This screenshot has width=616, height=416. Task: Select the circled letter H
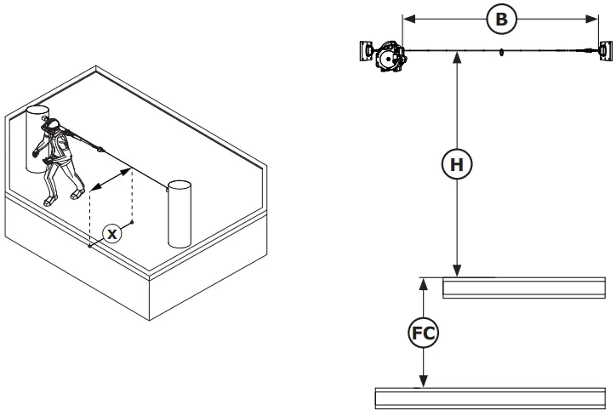coord(458,164)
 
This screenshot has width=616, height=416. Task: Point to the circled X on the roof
coord(112,230)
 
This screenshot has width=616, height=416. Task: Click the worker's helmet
coord(52,125)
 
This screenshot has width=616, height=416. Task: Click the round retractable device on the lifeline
coord(390,58)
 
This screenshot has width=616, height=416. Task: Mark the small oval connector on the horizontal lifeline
coord(502,52)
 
